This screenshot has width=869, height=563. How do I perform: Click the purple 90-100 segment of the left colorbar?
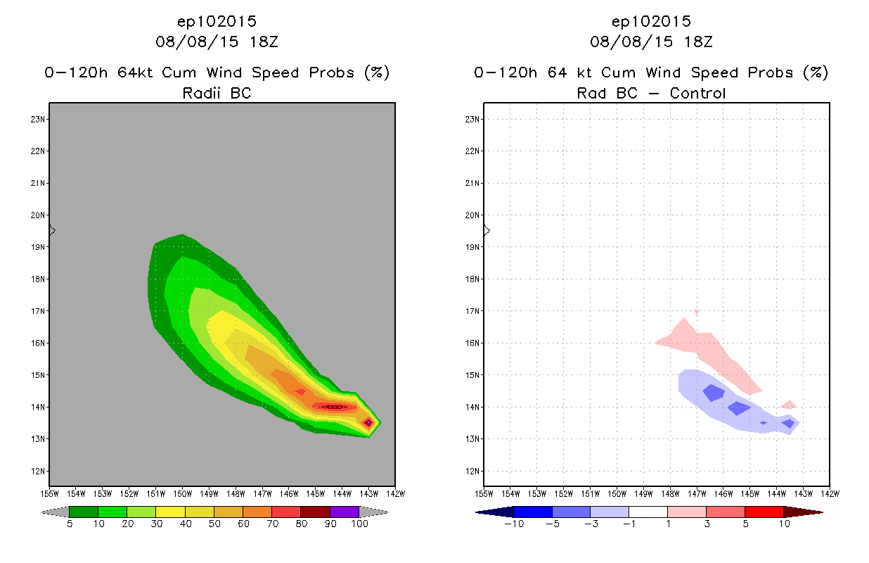click(345, 512)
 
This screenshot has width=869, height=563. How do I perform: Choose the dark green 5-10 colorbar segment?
click(84, 512)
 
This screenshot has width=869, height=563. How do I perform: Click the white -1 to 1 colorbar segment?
click(648, 512)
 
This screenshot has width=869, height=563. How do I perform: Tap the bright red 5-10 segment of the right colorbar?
click(764, 512)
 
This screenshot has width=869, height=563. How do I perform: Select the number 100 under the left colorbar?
click(359, 524)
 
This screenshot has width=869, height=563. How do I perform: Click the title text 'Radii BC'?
click(217, 93)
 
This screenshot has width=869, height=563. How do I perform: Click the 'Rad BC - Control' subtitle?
click(651, 93)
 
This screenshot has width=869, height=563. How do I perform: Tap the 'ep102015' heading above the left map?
click(217, 22)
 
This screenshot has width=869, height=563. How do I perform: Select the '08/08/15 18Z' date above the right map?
click(651, 42)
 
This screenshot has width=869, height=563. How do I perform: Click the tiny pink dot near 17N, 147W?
click(697, 311)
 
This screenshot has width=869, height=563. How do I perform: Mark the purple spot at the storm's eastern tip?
click(368, 422)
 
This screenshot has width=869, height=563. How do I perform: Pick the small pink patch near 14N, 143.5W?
click(789, 405)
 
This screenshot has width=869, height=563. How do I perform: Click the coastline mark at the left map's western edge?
click(52, 230)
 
